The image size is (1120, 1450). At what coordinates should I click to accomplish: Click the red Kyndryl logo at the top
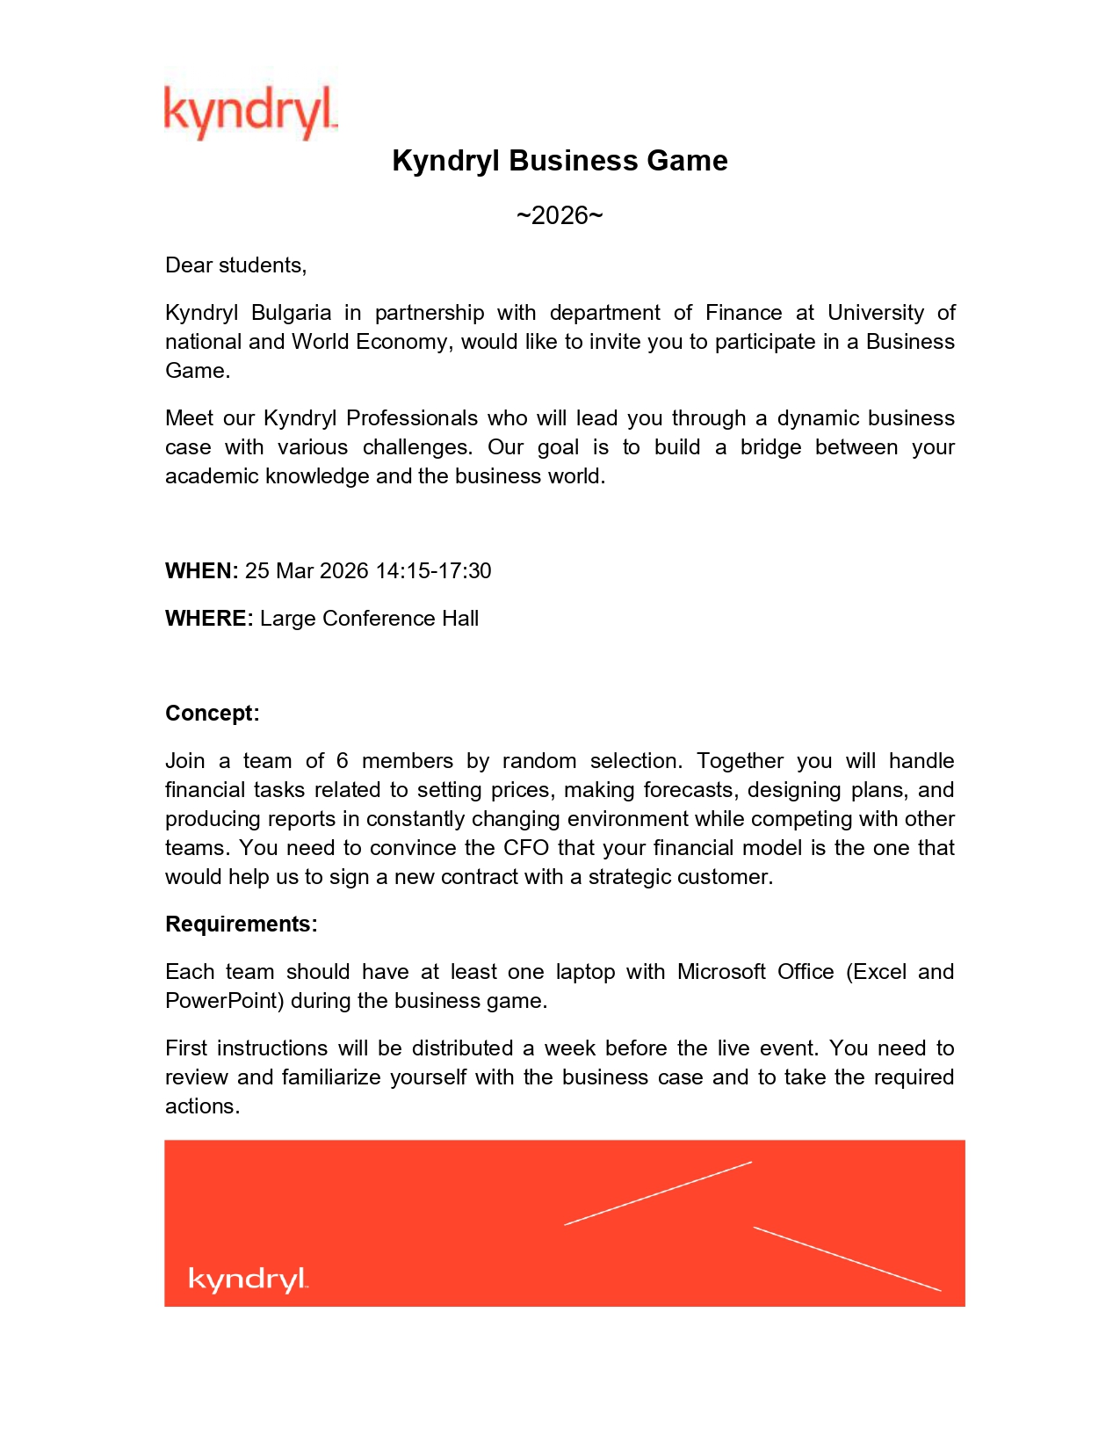[x=250, y=112]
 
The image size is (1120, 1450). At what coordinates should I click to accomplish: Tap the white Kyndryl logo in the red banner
[x=248, y=1279]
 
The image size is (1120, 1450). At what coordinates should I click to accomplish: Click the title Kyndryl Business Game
[x=560, y=161]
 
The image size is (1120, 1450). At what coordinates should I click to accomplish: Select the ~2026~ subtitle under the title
[x=560, y=215]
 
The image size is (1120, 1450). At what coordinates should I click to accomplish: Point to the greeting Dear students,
[x=235, y=265]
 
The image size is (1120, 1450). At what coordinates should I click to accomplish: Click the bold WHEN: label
[x=201, y=571]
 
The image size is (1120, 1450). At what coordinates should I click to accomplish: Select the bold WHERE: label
[x=209, y=619]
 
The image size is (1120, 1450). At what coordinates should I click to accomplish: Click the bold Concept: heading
[x=212, y=714]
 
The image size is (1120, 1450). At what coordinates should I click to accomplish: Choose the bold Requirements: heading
[x=241, y=924]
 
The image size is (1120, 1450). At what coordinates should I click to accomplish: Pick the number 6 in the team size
[x=342, y=761]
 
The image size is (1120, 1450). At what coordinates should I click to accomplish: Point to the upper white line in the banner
[x=658, y=1193]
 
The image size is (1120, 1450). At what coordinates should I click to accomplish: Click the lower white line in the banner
[x=847, y=1258]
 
